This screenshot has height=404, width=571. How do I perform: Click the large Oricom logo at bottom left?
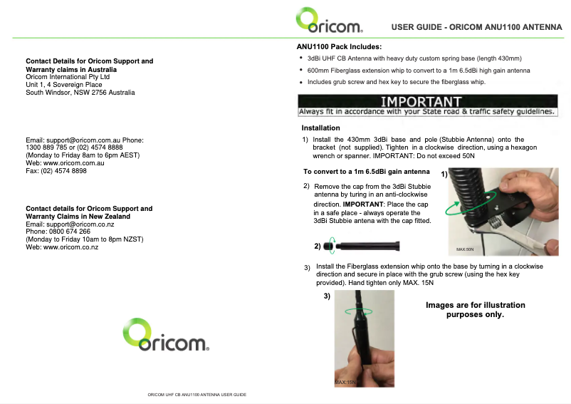(165, 334)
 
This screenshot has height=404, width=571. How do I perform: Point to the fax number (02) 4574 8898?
(56, 171)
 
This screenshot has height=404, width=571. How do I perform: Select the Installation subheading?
(320, 128)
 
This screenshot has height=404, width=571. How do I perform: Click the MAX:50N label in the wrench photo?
(465, 249)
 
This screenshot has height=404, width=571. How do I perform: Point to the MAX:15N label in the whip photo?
(345, 383)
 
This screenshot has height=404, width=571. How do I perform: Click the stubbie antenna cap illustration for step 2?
(330, 247)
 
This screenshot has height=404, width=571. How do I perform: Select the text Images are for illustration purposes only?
(475, 309)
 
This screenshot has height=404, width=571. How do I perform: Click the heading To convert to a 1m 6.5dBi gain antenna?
(366, 172)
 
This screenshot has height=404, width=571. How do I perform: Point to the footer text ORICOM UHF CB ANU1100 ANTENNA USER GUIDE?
(197, 394)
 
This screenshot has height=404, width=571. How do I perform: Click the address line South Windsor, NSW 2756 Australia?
(80, 93)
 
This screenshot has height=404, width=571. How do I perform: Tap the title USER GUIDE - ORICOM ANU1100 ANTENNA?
(476, 28)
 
